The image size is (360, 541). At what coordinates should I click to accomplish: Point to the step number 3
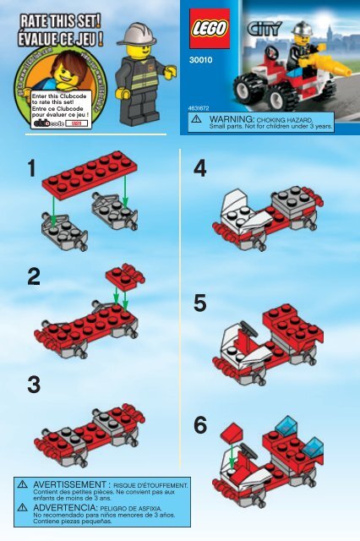tap(32, 385)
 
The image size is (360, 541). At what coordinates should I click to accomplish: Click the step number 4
tap(199, 169)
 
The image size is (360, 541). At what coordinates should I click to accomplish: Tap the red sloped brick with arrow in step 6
tap(232, 434)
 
